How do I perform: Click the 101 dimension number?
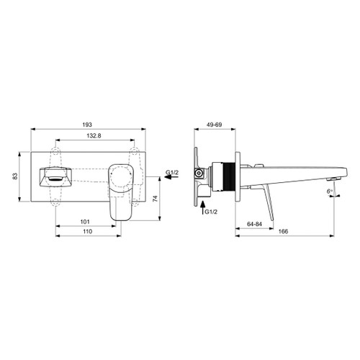[84, 222]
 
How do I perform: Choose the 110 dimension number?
[87, 233]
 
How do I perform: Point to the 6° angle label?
[330, 192]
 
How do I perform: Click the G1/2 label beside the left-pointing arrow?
[172, 173]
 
